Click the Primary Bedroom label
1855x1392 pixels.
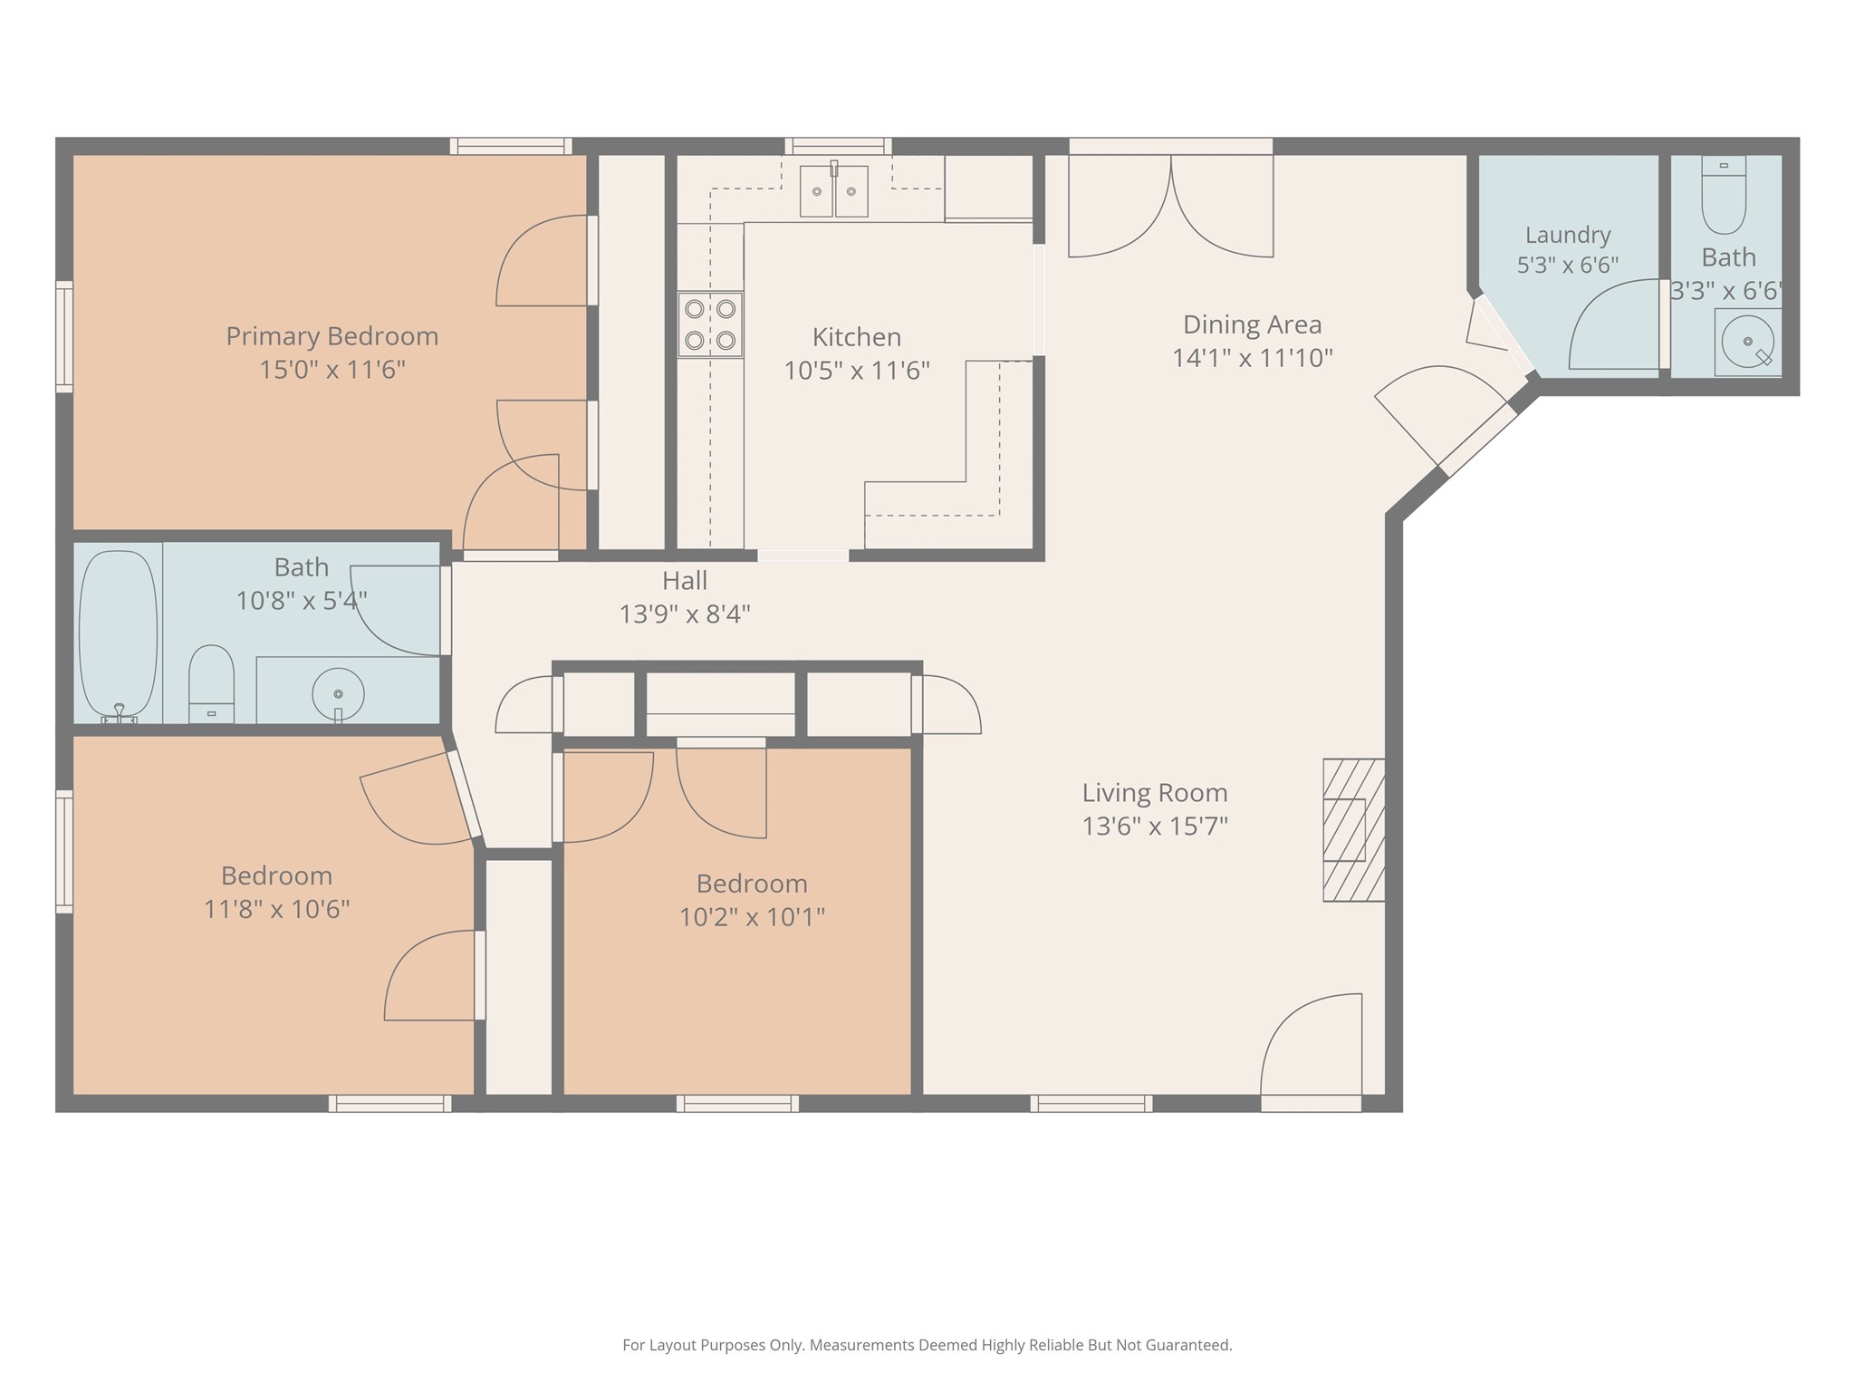pos(332,336)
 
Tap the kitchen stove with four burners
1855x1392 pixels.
pos(710,324)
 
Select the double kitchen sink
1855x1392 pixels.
pos(833,190)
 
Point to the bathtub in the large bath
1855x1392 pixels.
pos(118,636)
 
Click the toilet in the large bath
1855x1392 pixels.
pos(211,684)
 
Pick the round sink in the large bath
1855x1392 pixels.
pos(338,694)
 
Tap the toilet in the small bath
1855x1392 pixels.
pos(1724,195)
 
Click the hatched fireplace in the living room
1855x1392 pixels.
pos(1354,830)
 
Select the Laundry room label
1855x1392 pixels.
pos(1568,235)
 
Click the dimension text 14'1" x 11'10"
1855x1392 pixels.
pos(1253,358)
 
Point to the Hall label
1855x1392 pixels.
pos(685,580)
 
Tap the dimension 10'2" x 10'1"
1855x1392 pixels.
pos(752,917)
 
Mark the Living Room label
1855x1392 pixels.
pos(1155,793)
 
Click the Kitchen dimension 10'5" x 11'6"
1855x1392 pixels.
pos(857,371)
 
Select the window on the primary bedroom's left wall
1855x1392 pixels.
pos(64,337)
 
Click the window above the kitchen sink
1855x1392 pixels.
pos(838,146)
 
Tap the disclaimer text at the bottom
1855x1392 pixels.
pos(927,1345)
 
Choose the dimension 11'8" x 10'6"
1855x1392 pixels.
pos(276,909)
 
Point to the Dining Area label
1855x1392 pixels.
pos(1253,324)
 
